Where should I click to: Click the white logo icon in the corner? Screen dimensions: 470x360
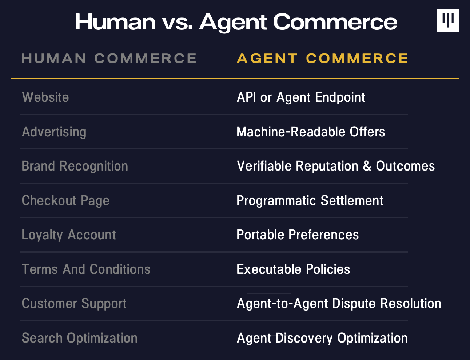pyautogui.click(x=448, y=20)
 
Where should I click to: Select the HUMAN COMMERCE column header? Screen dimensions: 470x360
pyautogui.click(x=109, y=58)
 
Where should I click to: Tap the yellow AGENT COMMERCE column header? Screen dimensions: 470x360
pyautogui.click(x=323, y=58)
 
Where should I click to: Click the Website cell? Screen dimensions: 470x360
pyautogui.click(x=45, y=97)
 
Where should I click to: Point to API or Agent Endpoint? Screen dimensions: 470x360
pyautogui.click(x=301, y=97)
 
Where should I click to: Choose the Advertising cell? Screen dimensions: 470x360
pyautogui.click(x=54, y=132)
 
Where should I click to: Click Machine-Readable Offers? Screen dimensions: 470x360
pyautogui.click(x=311, y=132)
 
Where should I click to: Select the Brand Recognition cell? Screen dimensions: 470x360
pyautogui.click(x=75, y=166)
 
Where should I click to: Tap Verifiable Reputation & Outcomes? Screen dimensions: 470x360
pyautogui.click(x=336, y=166)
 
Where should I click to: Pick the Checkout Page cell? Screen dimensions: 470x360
pyautogui.click(x=65, y=201)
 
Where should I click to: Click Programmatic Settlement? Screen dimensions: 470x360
pyautogui.click(x=310, y=201)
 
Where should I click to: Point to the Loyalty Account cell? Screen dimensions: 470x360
pyautogui.click(x=69, y=235)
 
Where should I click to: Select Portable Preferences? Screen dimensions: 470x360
pyautogui.click(x=298, y=235)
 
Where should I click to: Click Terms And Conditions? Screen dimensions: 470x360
pyautogui.click(x=86, y=269)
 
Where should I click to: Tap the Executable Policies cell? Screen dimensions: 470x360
pyautogui.click(x=293, y=269)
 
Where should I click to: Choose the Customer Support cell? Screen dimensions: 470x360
pyautogui.click(x=74, y=304)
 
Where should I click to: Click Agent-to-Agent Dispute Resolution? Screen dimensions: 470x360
pyautogui.click(x=339, y=304)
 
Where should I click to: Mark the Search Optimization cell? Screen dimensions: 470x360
pyautogui.click(x=80, y=338)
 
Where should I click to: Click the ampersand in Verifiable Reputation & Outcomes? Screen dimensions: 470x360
pyautogui.click(x=367, y=166)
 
